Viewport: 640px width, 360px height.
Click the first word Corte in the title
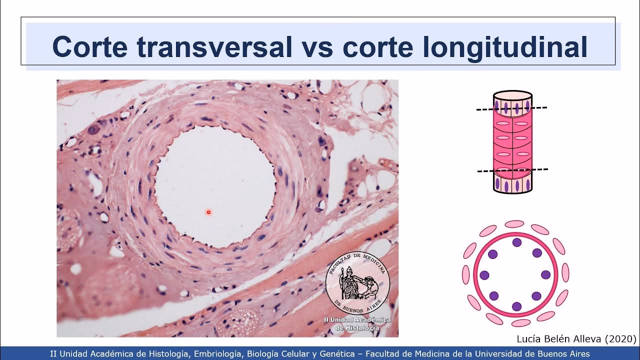[90, 47]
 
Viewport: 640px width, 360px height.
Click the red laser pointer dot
[208, 212]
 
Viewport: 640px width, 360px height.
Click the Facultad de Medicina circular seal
[357, 282]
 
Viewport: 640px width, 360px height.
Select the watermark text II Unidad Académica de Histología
[357, 323]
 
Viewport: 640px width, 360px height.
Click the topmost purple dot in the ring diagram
[517, 242]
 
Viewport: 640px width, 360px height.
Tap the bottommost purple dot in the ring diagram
[516, 306]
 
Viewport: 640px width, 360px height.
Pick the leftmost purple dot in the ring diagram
[484, 275]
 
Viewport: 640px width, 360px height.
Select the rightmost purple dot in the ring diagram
[545, 275]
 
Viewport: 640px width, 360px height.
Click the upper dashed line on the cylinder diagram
[511, 108]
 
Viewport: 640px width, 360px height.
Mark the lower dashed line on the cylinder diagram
[512, 170]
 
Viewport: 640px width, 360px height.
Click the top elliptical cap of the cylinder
[513, 96]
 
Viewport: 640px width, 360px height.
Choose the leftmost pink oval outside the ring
[465, 274]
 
